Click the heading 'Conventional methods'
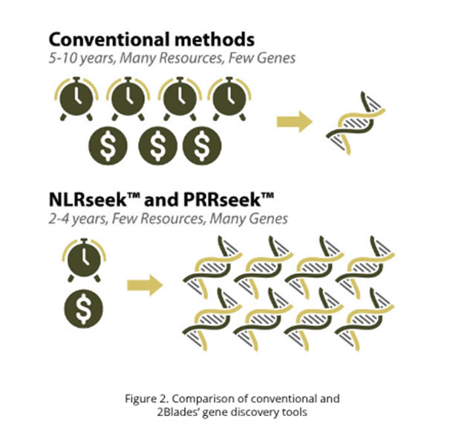(x=153, y=39)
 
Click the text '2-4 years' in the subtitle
(x=77, y=220)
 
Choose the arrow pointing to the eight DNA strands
(x=144, y=285)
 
